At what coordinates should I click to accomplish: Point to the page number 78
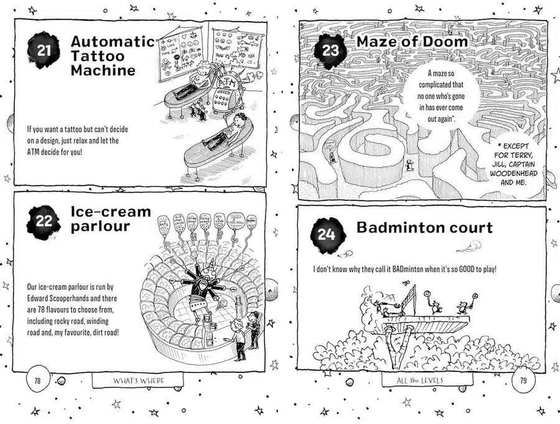point(37,381)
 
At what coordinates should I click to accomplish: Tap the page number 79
point(521,380)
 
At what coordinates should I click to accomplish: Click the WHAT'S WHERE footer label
point(138,380)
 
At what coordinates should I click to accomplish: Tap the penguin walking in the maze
point(408,165)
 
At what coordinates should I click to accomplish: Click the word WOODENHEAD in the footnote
point(514,173)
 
